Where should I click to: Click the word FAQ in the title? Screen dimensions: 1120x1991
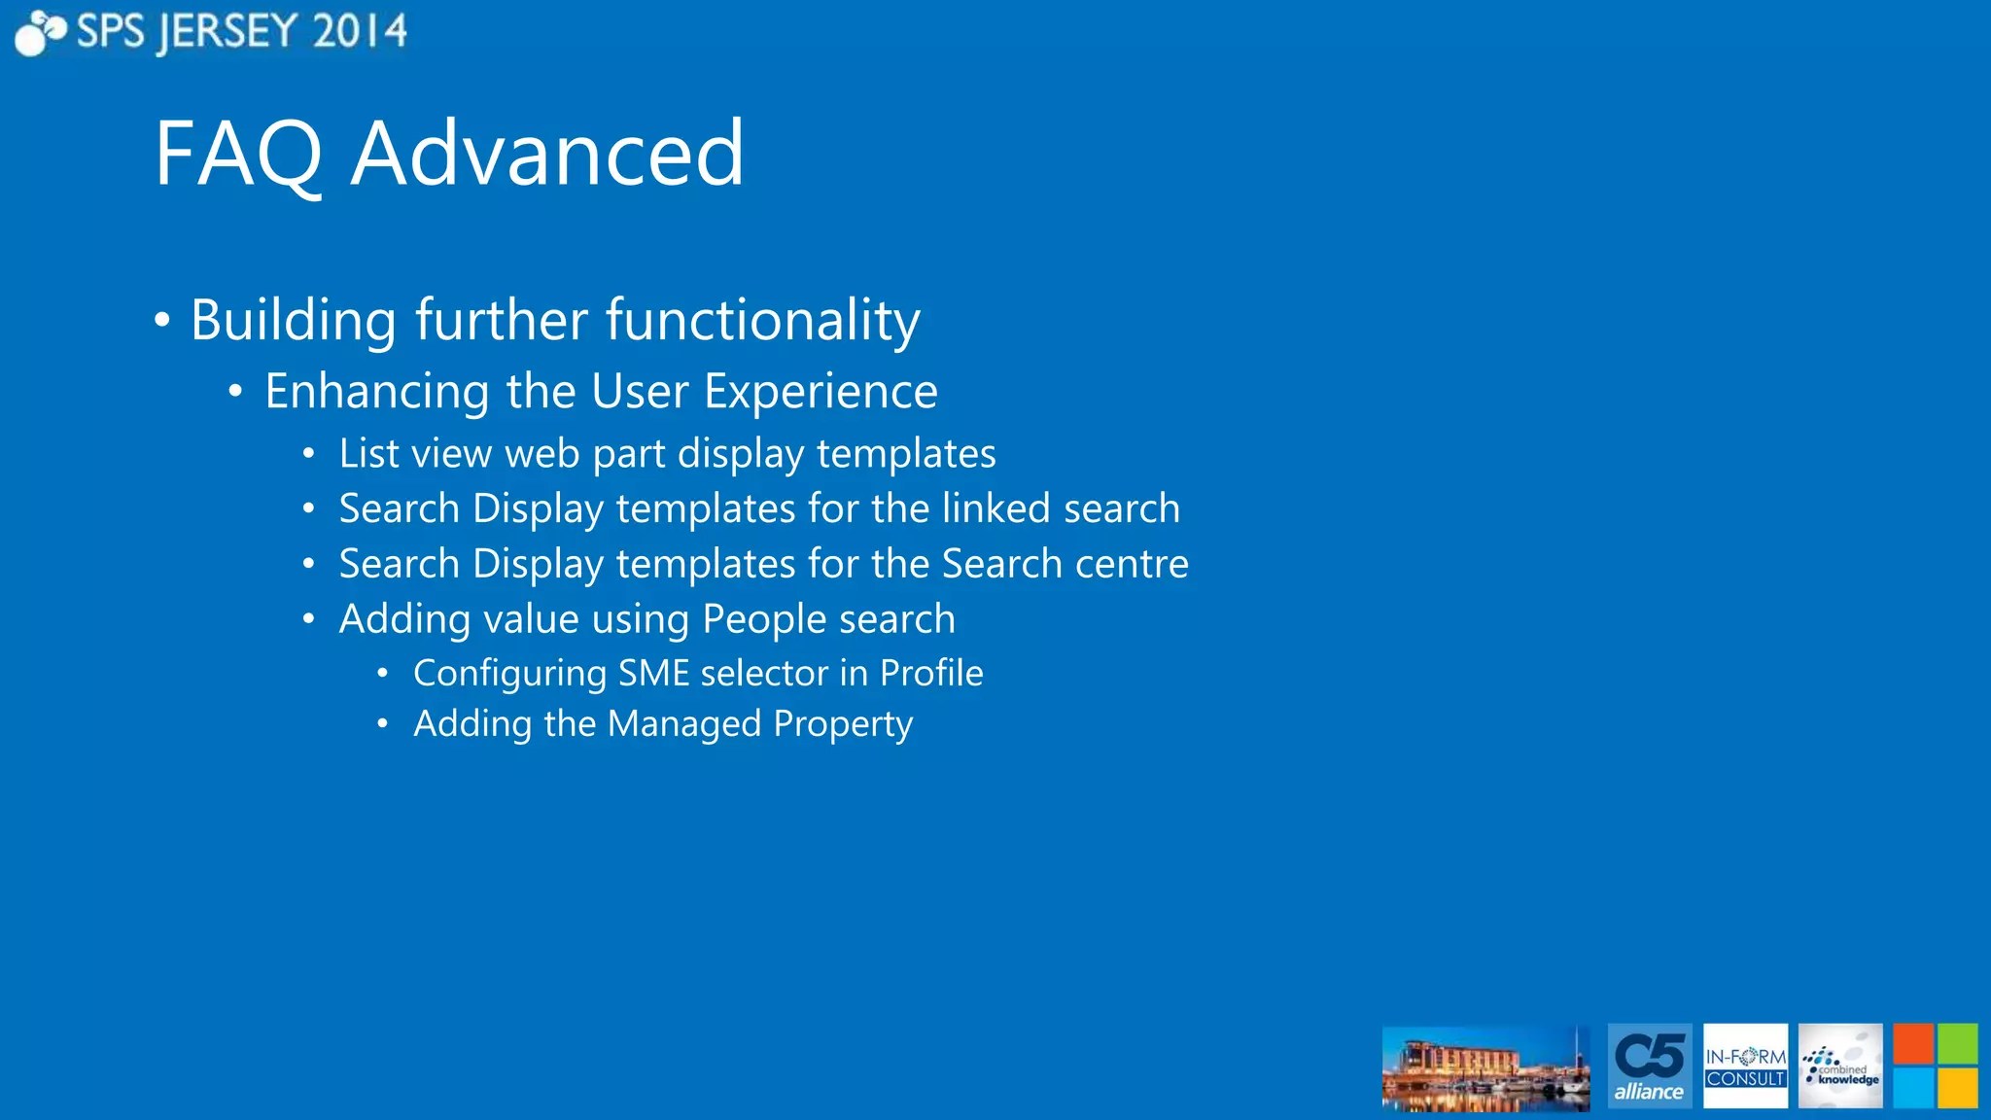click(238, 154)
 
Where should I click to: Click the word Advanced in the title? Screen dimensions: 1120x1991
click(547, 154)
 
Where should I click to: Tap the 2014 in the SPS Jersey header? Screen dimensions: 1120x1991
click(360, 32)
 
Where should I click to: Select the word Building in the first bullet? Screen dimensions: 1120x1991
click(293, 320)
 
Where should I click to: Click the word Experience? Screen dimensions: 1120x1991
click(821, 391)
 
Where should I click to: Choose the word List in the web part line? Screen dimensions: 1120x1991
click(368, 453)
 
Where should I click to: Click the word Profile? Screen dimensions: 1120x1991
click(931, 673)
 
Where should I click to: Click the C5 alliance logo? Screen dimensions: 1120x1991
click(1649, 1066)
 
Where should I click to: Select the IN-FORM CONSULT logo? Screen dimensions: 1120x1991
click(1745, 1066)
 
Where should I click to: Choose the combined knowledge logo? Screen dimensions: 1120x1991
click(1839, 1066)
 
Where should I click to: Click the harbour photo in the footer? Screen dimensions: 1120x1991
click(1485, 1068)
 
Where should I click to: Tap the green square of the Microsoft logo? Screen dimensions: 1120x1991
click(1957, 1044)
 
